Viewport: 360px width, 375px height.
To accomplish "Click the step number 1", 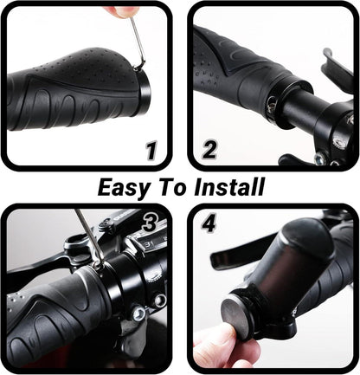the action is pyautogui.click(x=151, y=151).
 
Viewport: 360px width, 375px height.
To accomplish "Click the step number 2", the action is pyautogui.click(x=209, y=150).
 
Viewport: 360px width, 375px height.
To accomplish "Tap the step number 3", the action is pyautogui.click(x=150, y=223).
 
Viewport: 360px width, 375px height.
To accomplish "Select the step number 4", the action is pyautogui.click(x=209, y=223).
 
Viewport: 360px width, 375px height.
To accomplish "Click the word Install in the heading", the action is pyautogui.click(x=229, y=187).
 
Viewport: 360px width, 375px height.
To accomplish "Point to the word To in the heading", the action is pyautogui.click(x=173, y=187).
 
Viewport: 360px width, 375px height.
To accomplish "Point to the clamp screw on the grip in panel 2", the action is pyautogui.click(x=271, y=106).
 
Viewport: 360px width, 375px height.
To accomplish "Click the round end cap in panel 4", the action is pyautogui.click(x=236, y=318).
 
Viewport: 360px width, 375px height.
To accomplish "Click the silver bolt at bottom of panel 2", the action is pyautogui.click(x=319, y=158).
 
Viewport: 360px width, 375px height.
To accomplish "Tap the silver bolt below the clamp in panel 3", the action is pyautogui.click(x=138, y=314).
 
